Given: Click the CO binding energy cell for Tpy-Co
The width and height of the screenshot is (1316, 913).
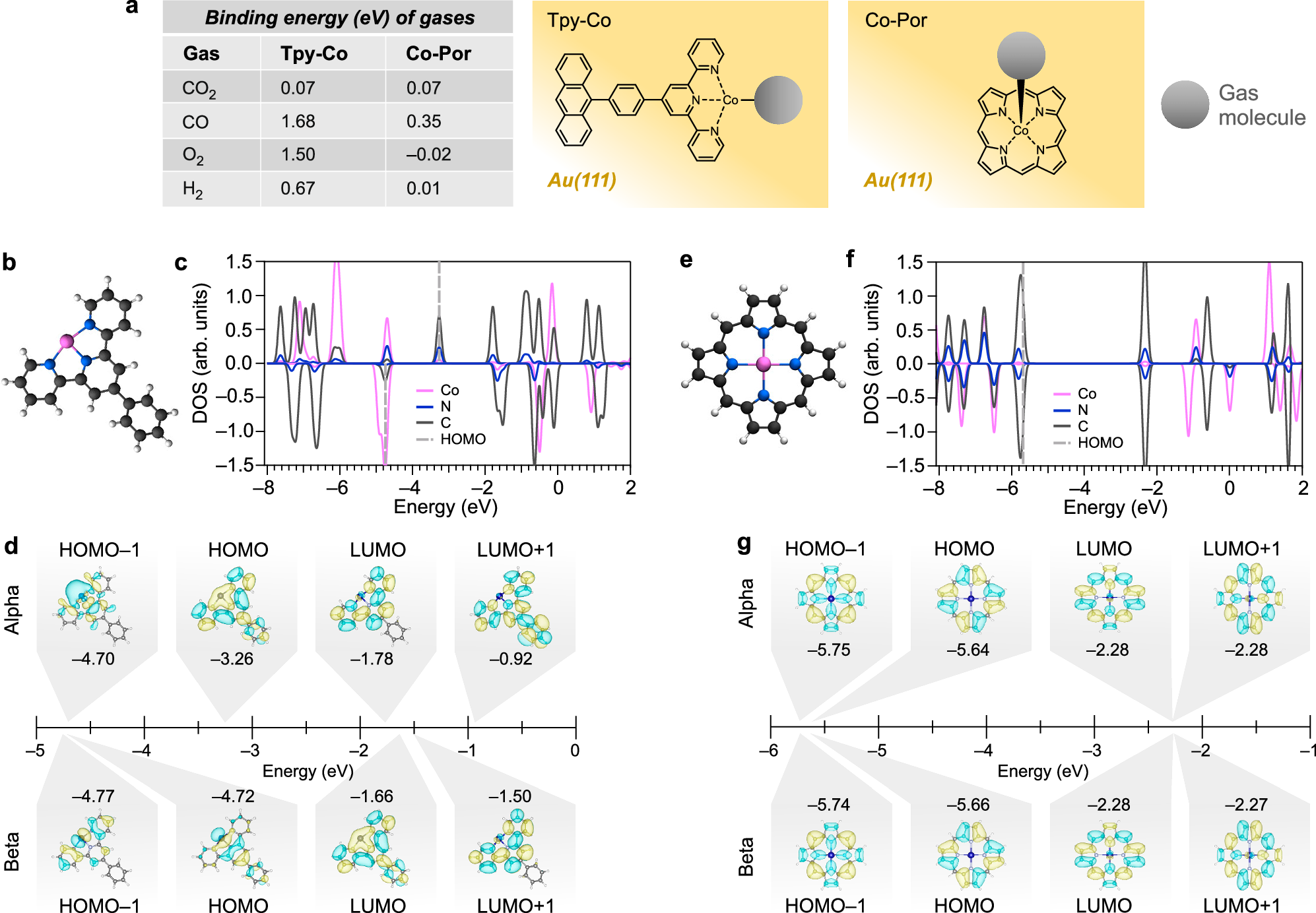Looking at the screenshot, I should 298,121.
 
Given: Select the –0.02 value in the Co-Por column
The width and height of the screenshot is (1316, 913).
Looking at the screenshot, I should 428,154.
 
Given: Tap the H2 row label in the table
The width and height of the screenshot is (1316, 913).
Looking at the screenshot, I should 192,189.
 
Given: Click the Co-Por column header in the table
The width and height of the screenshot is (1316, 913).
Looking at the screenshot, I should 438,53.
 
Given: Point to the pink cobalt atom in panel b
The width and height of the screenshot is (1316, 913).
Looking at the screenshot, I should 67,341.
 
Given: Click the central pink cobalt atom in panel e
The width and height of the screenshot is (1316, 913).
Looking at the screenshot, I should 763,363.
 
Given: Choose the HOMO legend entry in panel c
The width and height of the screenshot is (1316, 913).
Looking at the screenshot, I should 463,439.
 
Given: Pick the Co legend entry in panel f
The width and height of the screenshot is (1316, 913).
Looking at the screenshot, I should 1086,394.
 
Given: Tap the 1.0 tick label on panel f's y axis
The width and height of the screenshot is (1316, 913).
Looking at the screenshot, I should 909,297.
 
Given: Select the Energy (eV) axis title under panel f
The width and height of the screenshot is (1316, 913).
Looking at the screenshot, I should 1115,507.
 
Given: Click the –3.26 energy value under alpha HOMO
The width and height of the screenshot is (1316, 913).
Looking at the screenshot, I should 232,659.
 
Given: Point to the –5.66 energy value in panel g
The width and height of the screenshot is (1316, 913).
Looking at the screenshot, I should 968,805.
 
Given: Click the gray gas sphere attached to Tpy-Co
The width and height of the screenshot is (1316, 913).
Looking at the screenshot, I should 778,100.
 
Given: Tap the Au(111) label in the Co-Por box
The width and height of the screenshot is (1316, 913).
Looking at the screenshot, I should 898,180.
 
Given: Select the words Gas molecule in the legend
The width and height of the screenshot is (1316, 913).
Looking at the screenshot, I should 1261,106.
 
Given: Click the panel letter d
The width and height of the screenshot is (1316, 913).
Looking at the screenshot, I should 11,546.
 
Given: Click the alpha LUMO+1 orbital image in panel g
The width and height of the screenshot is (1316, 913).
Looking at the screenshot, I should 1248,599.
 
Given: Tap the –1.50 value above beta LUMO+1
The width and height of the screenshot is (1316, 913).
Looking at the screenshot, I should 510,796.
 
